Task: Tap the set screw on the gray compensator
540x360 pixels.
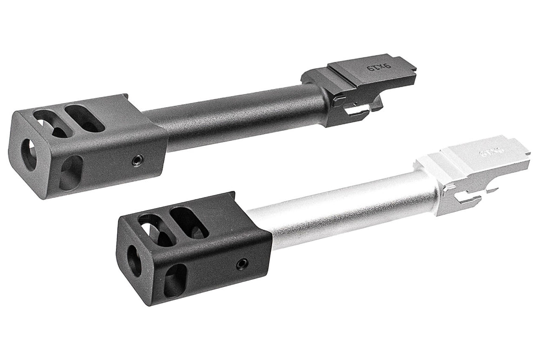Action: [136, 160]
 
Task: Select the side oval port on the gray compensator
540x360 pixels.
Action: [71, 172]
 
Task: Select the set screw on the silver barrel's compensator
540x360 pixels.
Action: [242, 264]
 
